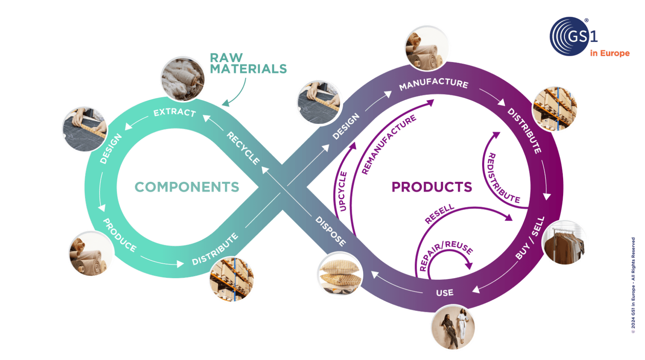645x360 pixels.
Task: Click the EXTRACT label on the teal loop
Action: [174, 112]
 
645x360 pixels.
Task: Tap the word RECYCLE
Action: [243, 148]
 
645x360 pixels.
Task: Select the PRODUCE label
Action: [119, 235]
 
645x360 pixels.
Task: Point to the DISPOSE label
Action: [331, 231]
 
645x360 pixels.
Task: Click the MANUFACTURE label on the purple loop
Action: [434, 84]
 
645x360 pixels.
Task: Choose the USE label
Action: [445, 293]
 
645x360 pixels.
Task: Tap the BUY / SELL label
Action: [530, 238]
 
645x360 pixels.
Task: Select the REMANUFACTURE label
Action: [389, 145]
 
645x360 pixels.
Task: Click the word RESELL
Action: [439, 214]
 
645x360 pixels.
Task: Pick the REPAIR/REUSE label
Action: [446, 255]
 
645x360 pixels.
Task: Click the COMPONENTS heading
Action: [187, 187]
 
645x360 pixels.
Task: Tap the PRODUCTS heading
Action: [432, 187]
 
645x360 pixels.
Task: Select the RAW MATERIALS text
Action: [248, 63]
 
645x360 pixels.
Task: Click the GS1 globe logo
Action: [570, 36]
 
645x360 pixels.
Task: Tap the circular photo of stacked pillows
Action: [339, 275]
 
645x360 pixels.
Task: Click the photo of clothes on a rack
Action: [565, 243]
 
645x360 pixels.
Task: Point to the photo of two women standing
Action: [453, 327]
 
